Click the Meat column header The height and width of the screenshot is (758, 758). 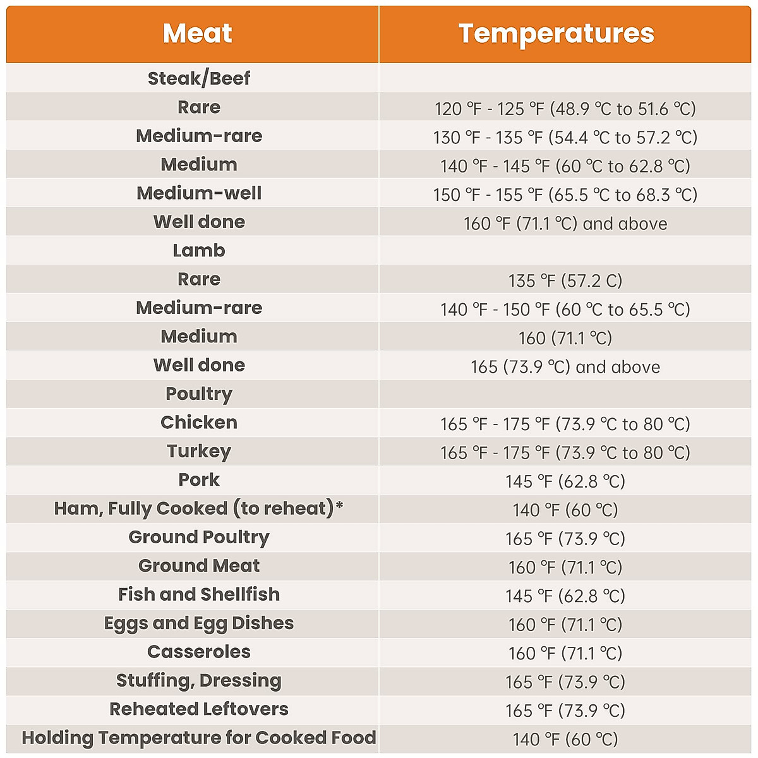click(197, 33)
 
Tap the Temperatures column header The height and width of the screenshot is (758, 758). click(556, 33)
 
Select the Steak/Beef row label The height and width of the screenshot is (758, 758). click(199, 78)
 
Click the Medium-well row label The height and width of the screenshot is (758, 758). click(199, 193)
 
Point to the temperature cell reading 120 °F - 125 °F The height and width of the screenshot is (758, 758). click(565, 109)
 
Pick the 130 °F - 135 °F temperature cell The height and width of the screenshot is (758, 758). click(565, 137)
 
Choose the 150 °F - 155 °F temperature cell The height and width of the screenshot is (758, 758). click(565, 195)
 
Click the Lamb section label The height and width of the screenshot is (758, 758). click(199, 251)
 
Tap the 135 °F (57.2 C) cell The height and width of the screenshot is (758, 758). click(565, 280)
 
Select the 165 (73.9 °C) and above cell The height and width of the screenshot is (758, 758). click(565, 367)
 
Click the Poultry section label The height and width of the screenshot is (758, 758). click(199, 394)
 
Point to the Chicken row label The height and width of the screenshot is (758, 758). click(199, 423)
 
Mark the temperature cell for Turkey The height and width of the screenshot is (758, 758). click(565, 453)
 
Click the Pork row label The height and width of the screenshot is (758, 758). click(199, 480)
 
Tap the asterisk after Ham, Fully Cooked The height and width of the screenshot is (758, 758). click(339, 505)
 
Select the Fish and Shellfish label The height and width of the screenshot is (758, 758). click(199, 594)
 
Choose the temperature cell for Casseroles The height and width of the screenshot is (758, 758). click(565, 653)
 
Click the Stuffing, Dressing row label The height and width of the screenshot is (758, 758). click(199, 681)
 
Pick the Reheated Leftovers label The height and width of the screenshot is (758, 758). click(199, 709)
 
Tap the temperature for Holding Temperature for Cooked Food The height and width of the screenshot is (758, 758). click(565, 739)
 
